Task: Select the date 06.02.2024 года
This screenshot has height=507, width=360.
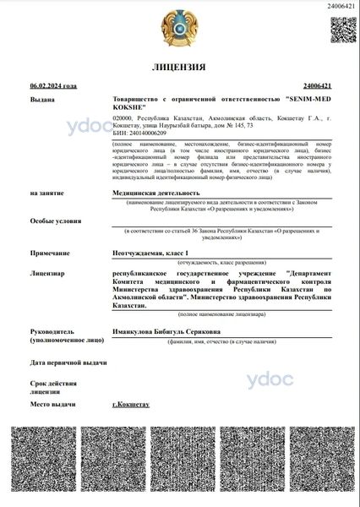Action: (52, 86)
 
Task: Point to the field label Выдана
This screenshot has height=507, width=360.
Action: (43, 99)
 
